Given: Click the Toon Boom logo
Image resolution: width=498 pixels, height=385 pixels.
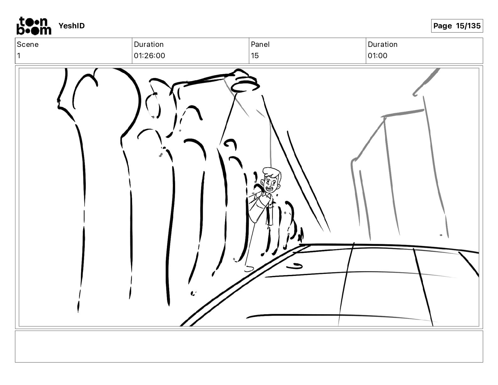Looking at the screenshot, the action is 34,26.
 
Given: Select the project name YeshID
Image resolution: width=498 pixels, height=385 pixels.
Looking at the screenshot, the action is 71,26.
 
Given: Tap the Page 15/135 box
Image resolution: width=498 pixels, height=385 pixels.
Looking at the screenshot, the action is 457,26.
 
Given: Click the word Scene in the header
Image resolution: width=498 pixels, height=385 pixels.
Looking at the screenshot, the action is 28,44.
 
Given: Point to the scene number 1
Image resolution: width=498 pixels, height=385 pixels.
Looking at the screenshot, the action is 19,56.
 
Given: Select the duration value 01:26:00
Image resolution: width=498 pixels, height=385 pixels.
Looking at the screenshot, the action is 149,56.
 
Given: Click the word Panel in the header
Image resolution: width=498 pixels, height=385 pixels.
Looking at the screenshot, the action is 260,44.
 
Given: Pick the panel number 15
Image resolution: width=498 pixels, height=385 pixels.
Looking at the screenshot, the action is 255,56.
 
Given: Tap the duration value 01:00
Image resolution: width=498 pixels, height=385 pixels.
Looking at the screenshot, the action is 378,56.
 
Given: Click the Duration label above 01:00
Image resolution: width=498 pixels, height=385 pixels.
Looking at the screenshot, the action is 383,44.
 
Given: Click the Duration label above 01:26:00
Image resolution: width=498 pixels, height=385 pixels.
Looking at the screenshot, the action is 149,44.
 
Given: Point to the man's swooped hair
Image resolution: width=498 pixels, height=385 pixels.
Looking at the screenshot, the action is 272,172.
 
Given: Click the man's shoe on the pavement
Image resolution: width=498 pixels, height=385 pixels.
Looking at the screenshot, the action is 249,269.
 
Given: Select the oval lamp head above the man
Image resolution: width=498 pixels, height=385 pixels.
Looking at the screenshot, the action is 245,87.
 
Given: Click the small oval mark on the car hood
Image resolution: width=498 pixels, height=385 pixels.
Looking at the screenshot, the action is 294,266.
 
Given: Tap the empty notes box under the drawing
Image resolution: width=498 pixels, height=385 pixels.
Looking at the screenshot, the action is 249,347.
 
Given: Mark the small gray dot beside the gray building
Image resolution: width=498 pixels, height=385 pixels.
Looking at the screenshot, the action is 441,235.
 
